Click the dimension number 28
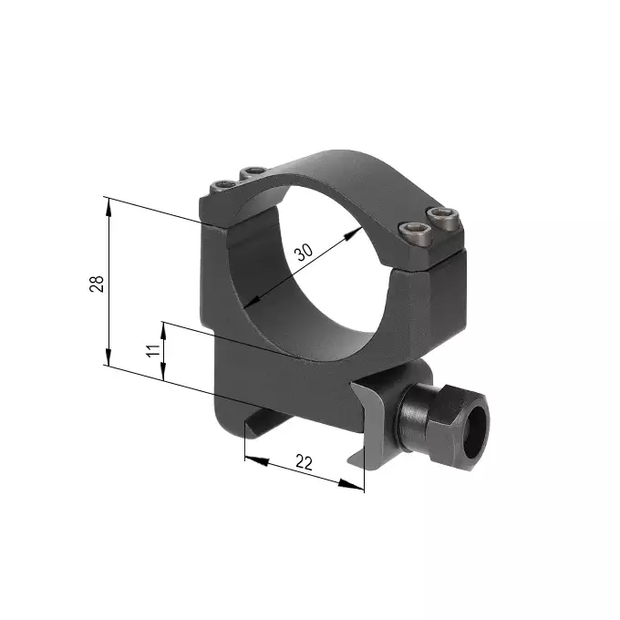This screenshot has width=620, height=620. click(x=97, y=283)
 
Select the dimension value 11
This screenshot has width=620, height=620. click(x=153, y=351)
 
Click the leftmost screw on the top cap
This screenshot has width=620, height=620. click(x=222, y=187)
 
